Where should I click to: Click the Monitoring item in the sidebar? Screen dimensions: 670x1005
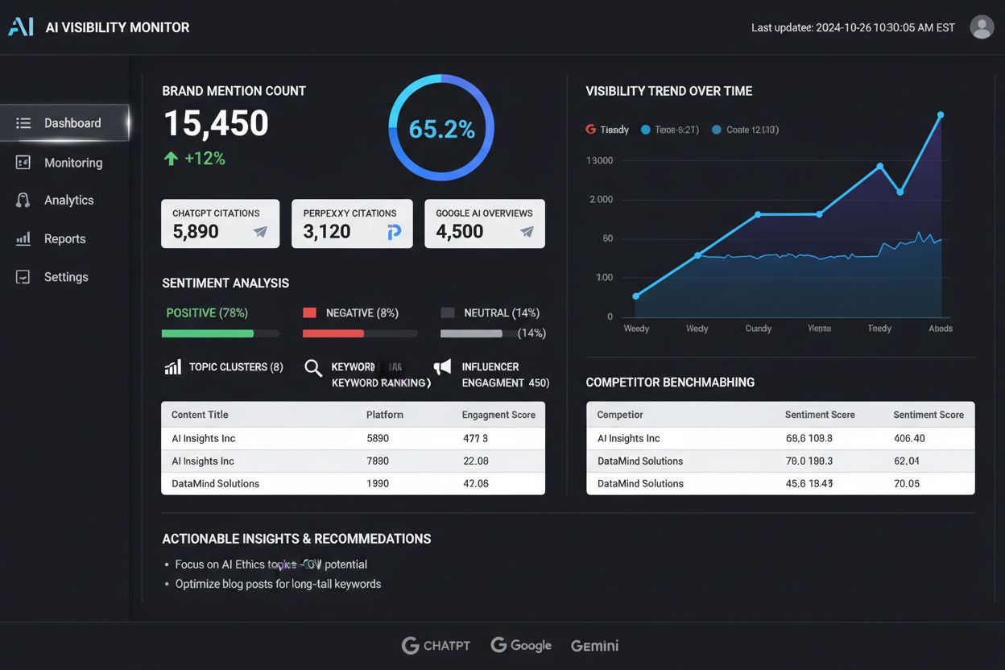pos(72,163)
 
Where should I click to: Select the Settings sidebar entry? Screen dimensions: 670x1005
pos(66,277)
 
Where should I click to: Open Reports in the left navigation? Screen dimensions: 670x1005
pos(64,239)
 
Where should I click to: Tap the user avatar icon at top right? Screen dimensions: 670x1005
pos(982,27)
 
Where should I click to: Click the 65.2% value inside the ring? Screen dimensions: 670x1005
pos(441,129)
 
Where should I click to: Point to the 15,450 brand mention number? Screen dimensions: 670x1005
pos(216,124)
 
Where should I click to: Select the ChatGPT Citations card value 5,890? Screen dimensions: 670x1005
pos(196,232)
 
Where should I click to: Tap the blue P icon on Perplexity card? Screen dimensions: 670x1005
pos(394,233)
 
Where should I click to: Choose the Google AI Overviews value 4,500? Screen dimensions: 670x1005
pos(460,232)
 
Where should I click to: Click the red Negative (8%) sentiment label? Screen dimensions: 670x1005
pos(362,313)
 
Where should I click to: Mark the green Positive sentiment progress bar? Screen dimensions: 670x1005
pos(208,333)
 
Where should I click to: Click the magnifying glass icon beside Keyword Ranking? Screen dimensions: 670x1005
pos(313,369)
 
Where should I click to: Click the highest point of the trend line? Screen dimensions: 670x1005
pos(940,115)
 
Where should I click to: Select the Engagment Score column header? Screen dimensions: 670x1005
pos(498,416)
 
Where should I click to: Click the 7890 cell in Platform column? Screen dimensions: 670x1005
pos(378,461)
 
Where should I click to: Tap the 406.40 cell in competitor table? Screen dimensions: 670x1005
pos(909,439)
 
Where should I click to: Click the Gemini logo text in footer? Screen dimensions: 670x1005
pos(594,646)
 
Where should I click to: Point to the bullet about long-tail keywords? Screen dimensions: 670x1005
pos(278,584)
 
